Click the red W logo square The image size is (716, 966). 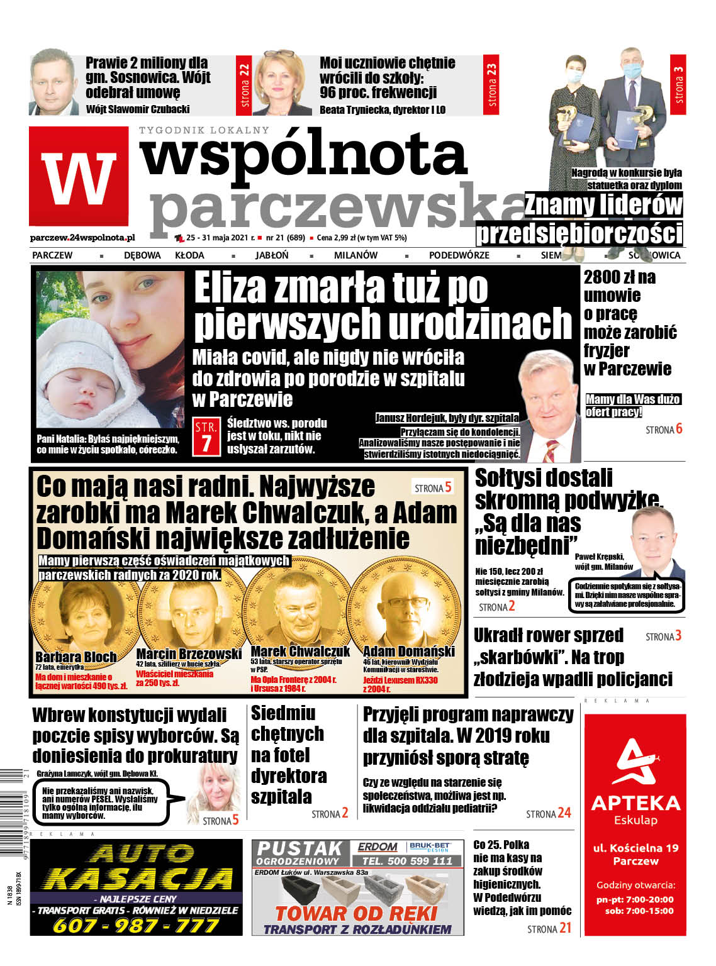coord(79,176)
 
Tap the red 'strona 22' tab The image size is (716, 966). coord(244,86)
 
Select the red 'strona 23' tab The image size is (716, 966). coord(492,86)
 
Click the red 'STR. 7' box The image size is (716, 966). coord(206,435)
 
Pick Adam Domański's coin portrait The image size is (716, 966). coord(403,609)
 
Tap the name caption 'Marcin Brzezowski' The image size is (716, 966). coord(189,654)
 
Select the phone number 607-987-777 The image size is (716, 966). coord(135,925)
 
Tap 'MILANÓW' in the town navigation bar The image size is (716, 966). coord(355,255)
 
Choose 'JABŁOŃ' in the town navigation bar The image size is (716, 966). coord(272,255)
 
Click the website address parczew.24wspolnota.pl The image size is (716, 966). coord(82,238)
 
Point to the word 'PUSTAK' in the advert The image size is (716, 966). coord(299,849)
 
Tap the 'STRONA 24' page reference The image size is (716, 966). coord(548,814)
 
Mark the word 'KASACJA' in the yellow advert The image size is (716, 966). coord(137,878)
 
